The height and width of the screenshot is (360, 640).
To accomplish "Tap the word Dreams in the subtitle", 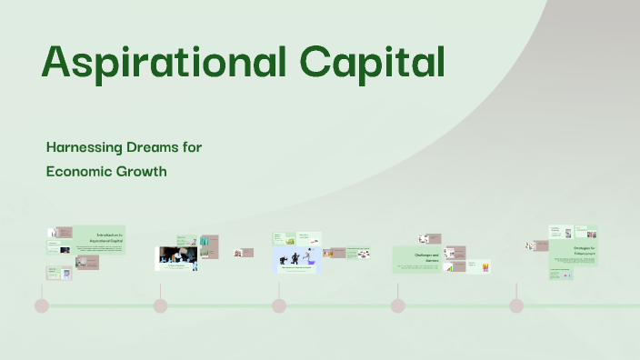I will (163, 146).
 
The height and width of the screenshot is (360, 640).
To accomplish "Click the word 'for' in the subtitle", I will (205, 146).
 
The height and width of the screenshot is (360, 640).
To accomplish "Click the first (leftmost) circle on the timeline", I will (41, 305).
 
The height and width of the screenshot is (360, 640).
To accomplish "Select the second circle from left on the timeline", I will (160, 305).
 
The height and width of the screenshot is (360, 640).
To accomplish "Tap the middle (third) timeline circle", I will (279, 305).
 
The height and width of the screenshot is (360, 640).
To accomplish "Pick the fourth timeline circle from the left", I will (397, 305).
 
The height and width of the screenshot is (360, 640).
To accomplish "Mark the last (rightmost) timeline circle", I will (516, 305).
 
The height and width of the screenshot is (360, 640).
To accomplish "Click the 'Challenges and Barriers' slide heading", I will (426, 258).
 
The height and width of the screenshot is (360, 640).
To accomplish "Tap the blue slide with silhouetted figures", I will (298, 261).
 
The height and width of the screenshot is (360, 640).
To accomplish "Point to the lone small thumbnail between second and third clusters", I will (244, 253).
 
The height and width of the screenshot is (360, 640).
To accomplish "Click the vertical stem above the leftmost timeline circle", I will (41, 289).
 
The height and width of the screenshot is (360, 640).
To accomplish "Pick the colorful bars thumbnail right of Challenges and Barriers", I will (486, 266).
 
